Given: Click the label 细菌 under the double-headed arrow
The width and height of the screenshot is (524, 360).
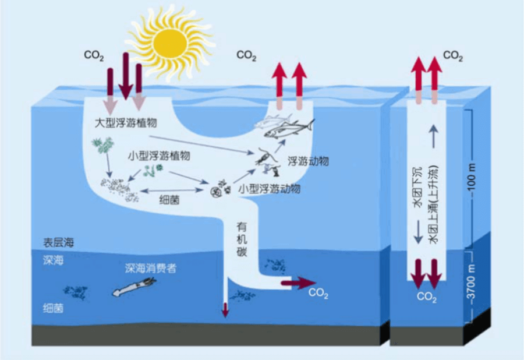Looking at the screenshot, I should [169, 199].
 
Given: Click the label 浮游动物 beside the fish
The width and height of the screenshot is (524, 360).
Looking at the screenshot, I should [308, 161].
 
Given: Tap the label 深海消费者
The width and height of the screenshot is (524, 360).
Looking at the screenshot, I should [151, 269].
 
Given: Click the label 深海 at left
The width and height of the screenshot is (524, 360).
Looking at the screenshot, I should [53, 260].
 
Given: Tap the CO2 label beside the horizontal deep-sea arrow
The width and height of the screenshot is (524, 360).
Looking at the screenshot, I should [318, 293].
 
